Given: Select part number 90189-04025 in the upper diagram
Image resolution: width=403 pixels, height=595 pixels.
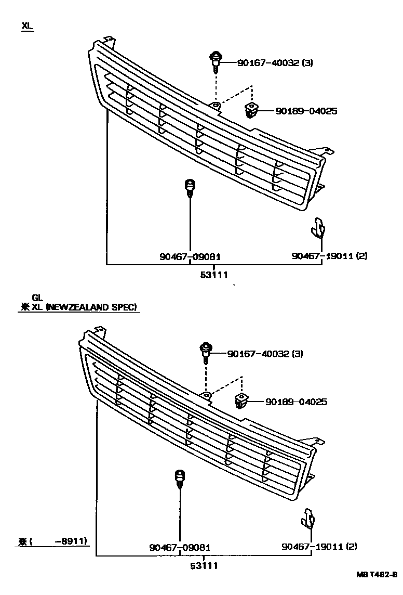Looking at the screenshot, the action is pyautogui.click(x=306, y=111).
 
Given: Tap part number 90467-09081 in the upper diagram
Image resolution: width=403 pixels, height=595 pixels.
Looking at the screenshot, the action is pyautogui.click(x=190, y=256).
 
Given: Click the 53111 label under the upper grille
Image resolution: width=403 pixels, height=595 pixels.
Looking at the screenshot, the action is pyautogui.click(x=214, y=275).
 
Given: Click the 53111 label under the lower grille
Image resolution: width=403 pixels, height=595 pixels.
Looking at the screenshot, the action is pyautogui.click(x=203, y=566).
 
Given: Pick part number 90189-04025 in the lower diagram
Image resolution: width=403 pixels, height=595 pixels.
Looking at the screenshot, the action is pyautogui.click(x=296, y=402).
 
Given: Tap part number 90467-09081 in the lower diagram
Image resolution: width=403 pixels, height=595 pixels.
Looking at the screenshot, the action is pyautogui.click(x=180, y=547).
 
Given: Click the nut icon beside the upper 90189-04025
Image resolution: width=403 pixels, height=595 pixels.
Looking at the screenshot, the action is pyautogui.click(x=251, y=110).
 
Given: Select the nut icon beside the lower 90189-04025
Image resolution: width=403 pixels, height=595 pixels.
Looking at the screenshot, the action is pyautogui.click(x=241, y=401).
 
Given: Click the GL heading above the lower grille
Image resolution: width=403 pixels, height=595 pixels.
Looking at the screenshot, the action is pyautogui.click(x=37, y=298).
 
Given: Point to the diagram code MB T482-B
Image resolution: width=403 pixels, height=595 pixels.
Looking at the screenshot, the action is pyautogui.click(x=377, y=575).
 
